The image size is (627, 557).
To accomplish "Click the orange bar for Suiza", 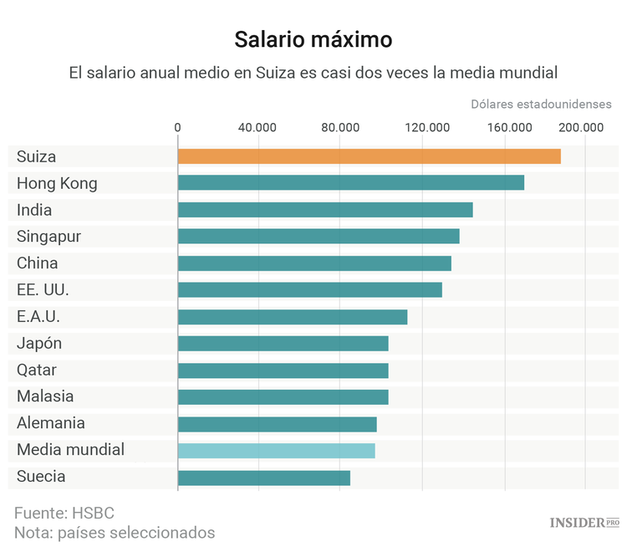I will click(369, 156).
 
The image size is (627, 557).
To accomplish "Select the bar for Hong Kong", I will click(350, 183).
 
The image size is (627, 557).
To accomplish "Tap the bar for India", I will click(325, 210).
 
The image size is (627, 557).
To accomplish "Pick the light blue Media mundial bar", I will click(276, 451).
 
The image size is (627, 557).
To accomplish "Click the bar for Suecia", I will click(263, 478).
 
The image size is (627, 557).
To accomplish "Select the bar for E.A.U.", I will click(292, 317).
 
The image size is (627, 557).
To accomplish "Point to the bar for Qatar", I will click(283, 370).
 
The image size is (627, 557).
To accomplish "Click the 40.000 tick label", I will click(257, 127).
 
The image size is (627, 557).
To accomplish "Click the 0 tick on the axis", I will click(177, 127).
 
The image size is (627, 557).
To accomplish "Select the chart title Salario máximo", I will click(313, 39).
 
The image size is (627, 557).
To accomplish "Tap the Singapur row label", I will click(48, 237).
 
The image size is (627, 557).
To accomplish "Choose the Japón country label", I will click(39, 344).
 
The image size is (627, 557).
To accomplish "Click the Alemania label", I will click(51, 424).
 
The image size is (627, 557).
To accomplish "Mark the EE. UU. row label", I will click(43, 290).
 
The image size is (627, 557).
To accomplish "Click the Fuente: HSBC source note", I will click(64, 513).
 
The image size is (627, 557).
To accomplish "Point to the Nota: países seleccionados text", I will click(115, 533).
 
